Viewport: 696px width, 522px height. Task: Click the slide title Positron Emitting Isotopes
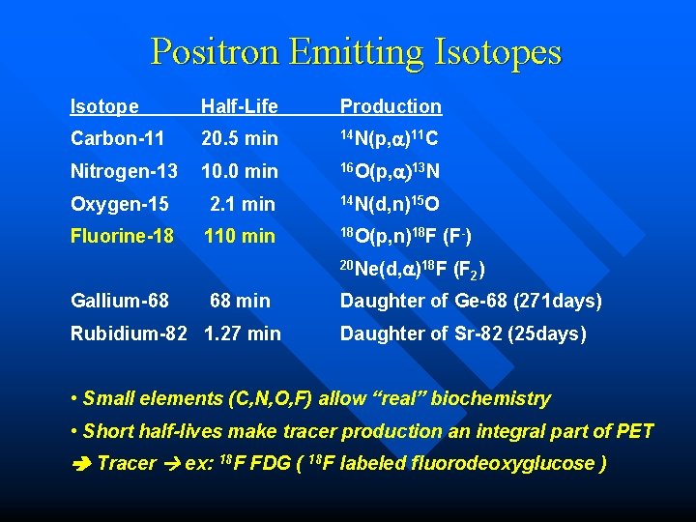356,51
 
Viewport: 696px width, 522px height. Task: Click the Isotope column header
104,106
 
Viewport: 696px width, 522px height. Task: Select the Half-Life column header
239,106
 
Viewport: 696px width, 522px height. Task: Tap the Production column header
391,106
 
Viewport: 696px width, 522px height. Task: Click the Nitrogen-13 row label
124,171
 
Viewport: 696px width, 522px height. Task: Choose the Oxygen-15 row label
120,204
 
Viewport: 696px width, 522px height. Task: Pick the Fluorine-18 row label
123,236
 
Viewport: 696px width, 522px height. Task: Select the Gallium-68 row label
120,301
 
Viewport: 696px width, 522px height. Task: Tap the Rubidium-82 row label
133,333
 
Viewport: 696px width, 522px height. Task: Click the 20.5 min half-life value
239,138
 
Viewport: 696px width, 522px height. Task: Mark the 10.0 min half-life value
239,171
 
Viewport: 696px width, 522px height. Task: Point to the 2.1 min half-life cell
243,204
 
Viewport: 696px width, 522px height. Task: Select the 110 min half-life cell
239,236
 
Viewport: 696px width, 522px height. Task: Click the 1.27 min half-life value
243,333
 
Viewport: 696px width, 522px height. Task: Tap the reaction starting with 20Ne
412,269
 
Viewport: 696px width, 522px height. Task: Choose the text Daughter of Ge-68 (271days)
471,301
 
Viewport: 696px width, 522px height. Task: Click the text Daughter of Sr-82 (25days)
463,333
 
